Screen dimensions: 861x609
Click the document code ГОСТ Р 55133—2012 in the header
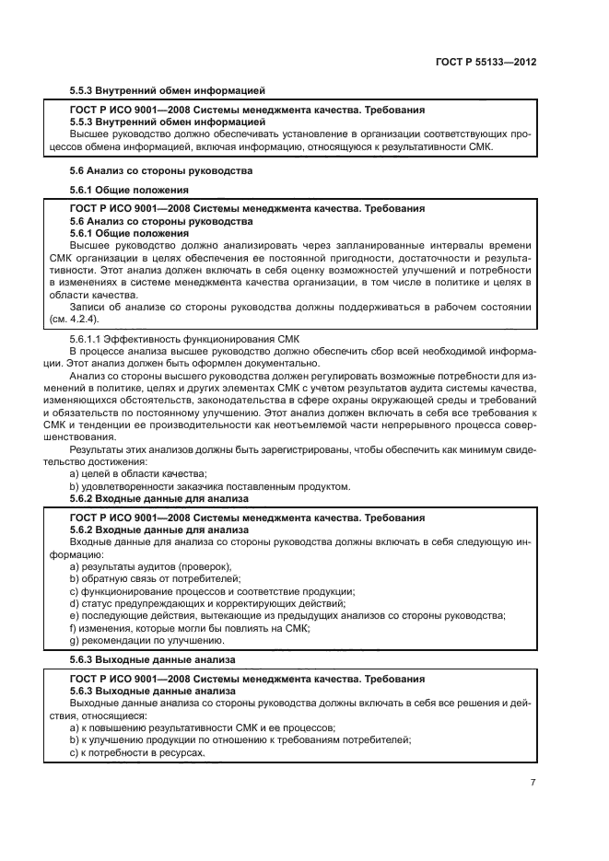click(486, 62)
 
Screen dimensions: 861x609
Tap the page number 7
click(533, 782)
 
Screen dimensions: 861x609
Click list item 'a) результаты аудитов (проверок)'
click(150, 566)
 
